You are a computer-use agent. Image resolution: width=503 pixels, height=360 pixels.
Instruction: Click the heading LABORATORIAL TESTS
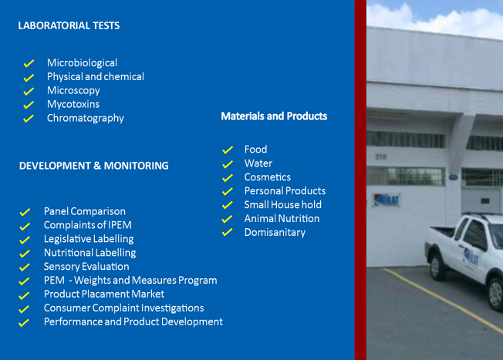[69, 25]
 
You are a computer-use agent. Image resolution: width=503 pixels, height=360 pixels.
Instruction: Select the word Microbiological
[82, 63]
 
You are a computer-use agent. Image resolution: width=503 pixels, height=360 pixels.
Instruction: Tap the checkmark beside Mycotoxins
[29, 105]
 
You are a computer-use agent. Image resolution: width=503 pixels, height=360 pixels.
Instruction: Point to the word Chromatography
[86, 118]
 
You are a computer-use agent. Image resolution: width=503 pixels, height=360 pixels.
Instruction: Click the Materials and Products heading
[274, 116]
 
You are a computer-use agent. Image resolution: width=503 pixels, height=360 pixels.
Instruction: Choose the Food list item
[255, 150]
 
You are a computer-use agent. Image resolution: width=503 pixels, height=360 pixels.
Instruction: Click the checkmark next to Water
[228, 164]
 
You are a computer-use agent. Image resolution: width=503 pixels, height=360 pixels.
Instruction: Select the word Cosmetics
[268, 177]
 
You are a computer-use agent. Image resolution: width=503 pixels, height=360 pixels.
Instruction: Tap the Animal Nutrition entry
[282, 219]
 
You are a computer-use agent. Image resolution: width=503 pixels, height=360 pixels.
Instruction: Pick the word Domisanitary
[275, 232]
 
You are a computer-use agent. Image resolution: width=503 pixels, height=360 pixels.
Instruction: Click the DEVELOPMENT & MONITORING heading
[93, 166]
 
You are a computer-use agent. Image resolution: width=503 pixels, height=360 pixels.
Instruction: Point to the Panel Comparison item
[85, 211]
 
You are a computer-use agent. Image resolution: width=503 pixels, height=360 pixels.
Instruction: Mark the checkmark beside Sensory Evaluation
[25, 267]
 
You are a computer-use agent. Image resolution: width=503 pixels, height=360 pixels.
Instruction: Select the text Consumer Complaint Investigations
[124, 308]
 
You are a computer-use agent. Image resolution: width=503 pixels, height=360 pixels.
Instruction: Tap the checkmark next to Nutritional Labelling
[25, 254]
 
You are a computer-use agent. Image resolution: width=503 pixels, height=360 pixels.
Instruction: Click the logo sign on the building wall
[387, 200]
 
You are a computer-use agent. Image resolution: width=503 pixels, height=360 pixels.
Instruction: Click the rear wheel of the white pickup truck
[436, 267]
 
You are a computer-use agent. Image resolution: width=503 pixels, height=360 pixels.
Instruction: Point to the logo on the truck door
[471, 258]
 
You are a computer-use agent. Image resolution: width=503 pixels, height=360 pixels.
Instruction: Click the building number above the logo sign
[381, 156]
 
